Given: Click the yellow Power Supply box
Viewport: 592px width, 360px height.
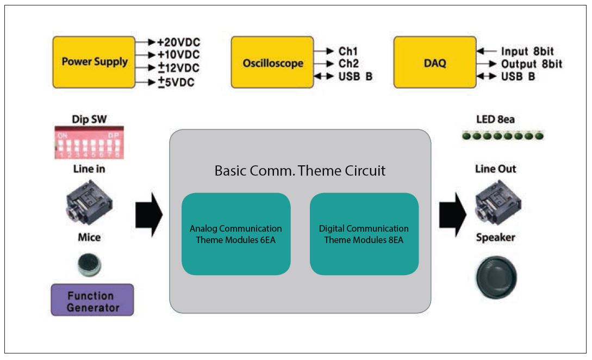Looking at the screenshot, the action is pos(94,62).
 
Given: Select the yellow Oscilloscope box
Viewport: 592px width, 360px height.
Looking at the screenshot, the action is pos(272,63).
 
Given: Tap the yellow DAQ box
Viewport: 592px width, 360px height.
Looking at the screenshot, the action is pos(435,63).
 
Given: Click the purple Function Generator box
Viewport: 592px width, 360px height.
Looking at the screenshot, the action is pos(92,300).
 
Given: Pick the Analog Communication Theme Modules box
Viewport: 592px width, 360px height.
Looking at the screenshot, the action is pos(236,234).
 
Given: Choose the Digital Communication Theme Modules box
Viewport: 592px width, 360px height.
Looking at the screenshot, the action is pos(364,234).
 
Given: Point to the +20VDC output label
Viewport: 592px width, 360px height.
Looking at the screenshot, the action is pos(179,42).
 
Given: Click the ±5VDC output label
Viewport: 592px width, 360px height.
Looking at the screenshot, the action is pos(176,82).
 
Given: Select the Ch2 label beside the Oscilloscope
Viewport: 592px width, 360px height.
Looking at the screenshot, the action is pos(348,64).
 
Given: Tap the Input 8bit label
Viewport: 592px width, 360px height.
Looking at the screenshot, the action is pos(527,51).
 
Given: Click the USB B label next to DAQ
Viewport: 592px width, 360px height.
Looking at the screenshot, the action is pos(518,76).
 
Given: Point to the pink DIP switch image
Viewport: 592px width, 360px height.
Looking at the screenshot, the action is pos(89,142).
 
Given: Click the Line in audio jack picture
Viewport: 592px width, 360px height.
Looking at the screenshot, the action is pos(90,202).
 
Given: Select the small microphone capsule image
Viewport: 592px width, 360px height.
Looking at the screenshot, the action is pos(90,265).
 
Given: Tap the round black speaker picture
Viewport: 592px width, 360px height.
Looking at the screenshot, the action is pos(496,278).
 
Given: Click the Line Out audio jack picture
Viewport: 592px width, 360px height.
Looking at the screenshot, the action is pos(498,202).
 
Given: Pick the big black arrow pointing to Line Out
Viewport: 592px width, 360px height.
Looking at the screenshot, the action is pos(453,215).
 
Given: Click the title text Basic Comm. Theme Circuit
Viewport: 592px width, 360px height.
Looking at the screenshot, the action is pos(300,171).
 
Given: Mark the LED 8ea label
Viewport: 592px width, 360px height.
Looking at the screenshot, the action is pos(495,120).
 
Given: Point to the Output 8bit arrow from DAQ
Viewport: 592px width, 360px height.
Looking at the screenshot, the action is pos(487,64).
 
